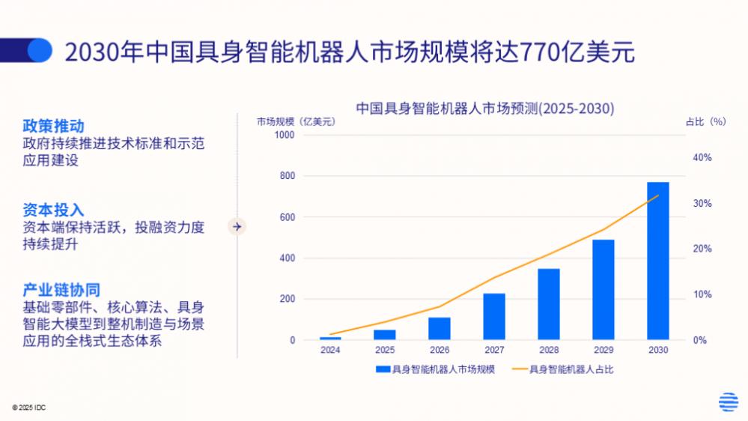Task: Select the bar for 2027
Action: pyautogui.click(x=493, y=316)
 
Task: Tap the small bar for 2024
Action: pyautogui.click(x=330, y=338)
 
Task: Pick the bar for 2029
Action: pyautogui.click(x=603, y=289)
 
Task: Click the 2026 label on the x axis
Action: pyautogui.click(x=439, y=350)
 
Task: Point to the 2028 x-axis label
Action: pyautogui.click(x=548, y=350)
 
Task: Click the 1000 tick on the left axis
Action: pyautogui.click(x=285, y=135)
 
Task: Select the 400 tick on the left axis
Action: pyautogui.click(x=287, y=258)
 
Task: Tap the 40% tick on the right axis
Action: pyautogui.click(x=702, y=158)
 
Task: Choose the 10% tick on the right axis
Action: pyautogui.click(x=702, y=294)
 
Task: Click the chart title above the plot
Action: pyautogui.click(x=484, y=108)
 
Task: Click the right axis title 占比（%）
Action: pyautogui.click(x=705, y=121)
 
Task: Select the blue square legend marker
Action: pyautogui.click(x=382, y=369)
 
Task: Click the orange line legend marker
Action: pyautogui.click(x=519, y=369)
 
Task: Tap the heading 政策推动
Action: pyautogui.click(x=53, y=126)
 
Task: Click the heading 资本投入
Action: pyautogui.click(x=53, y=210)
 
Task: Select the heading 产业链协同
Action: pyautogui.click(x=61, y=290)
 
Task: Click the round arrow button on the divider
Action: pyautogui.click(x=237, y=225)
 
